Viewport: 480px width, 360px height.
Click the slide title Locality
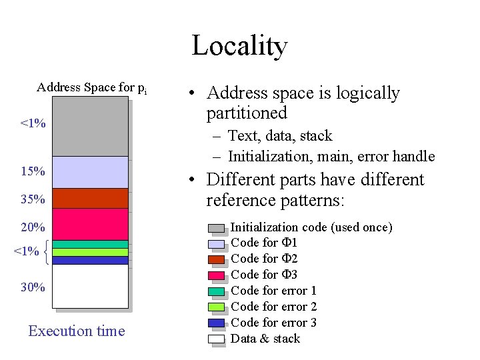(239, 45)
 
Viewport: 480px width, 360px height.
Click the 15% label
(33, 172)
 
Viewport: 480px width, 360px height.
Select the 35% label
(33, 199)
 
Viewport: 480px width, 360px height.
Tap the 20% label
(33, 227)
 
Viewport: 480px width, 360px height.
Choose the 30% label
(33, 287)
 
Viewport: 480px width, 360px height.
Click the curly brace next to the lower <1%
(45, 252)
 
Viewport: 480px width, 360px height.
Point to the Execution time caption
(77, 331)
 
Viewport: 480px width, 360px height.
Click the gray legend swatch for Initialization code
(217, 228)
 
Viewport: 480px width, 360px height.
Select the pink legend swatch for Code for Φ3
(217, 275)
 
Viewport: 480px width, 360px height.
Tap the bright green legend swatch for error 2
(217, 307)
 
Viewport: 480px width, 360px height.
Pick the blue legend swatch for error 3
(217, 323)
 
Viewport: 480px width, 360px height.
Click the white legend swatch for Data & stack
(217, 339)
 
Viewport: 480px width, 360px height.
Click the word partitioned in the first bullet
(247, 113)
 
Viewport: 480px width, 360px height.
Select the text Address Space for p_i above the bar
(92, 87)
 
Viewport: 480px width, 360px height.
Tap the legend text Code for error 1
(273, 291)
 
